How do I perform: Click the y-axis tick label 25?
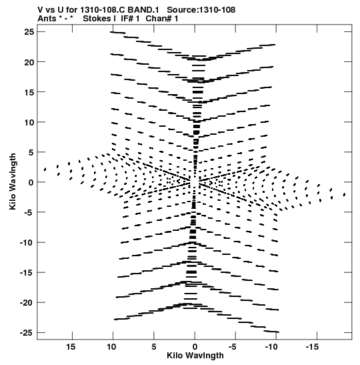pos(29,32)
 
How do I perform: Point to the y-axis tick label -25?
pos(27,333)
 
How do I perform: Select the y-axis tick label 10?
pos(29,122)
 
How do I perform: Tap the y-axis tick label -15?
pos(27,273)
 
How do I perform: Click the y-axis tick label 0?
pos(31,182)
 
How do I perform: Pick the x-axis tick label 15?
pos(71,347)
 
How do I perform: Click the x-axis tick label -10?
pos(271,347)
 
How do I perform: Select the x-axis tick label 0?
pos(195,347)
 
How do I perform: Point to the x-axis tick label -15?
pos(312,347)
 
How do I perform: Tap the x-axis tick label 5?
pos(154,347)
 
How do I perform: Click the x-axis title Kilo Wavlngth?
pos(195,356)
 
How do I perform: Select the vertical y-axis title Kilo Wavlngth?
pos(13,181)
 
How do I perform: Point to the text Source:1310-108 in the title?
pos(201,10)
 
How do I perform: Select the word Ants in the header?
pos(47,19)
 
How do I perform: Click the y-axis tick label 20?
pos(29,62)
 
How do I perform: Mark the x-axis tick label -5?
pos(232,347)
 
